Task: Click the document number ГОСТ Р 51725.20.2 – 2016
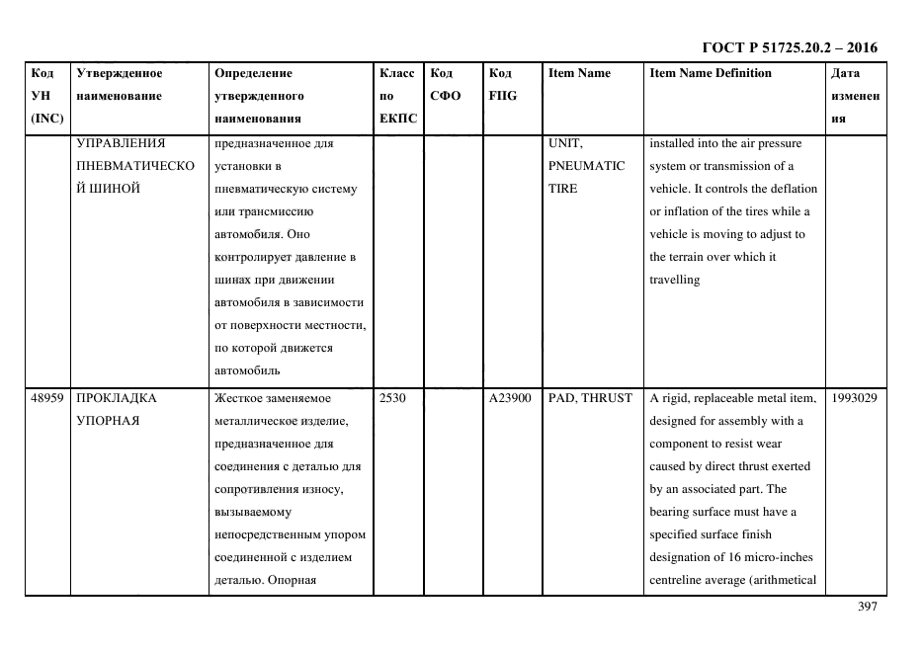coord(789,47)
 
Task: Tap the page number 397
coord(867,607)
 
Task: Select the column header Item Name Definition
coord(710,74)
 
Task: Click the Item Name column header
coord(579,74)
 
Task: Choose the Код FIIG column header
coord(502,85)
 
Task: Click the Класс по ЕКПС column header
coord(397,96)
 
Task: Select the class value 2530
coord(392,398)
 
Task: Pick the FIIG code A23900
coord(510,398)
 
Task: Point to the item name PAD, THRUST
coord(590,398)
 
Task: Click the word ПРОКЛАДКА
coord(117,398)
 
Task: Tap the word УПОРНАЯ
coord(107,421)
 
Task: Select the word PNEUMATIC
coord(586,166)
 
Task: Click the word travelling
coord(674,280)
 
